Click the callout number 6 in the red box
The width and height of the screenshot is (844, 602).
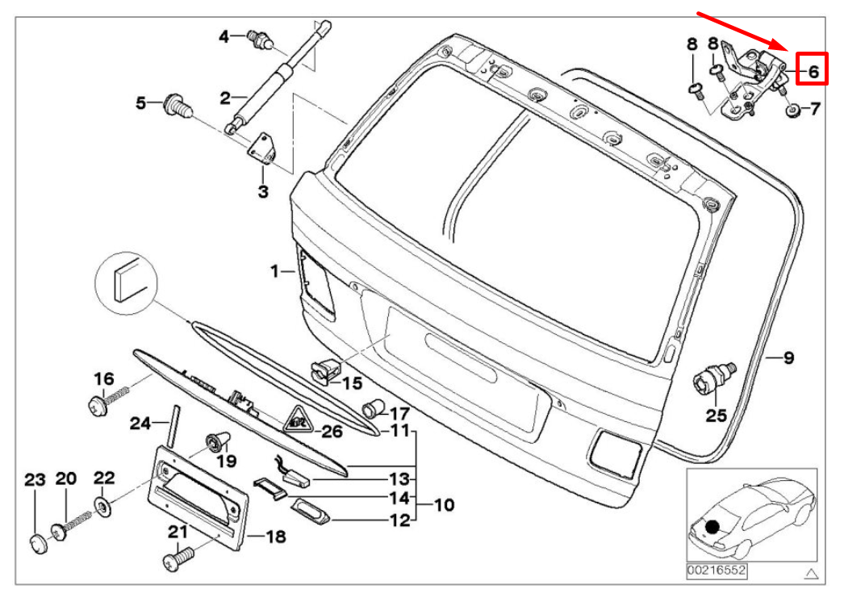813,71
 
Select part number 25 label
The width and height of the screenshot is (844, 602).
717,416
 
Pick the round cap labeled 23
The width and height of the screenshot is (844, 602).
36,543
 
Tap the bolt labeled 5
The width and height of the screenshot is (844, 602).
175,104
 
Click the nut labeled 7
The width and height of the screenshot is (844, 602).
792,110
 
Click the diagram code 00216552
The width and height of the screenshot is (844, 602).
716,571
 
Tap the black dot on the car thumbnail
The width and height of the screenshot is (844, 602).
712,528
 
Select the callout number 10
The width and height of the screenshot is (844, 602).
444,505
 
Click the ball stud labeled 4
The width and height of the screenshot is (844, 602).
260,37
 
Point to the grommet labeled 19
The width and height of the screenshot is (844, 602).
217,441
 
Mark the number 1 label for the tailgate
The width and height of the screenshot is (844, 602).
274,271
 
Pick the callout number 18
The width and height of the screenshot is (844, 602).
275,536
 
